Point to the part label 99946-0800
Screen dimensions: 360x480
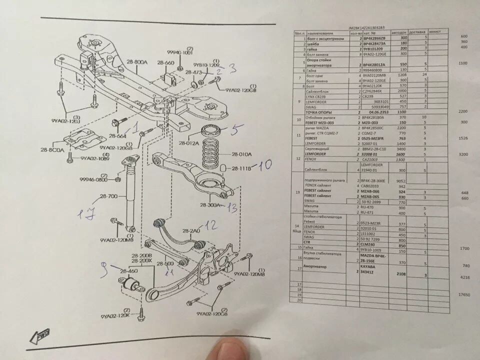(x=94, y=178)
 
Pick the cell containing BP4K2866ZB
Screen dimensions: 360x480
(x=373, y=38)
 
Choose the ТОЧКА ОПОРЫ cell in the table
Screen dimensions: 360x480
(x=326, y=112)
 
